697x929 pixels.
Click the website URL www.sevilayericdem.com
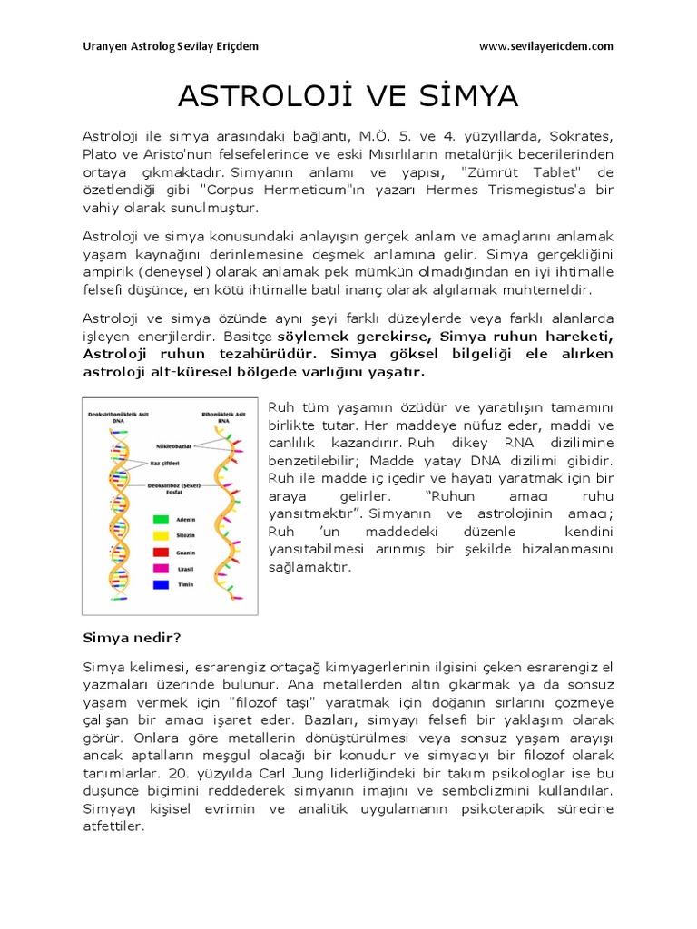coord(545,45)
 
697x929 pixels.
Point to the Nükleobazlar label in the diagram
coord(177,447)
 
